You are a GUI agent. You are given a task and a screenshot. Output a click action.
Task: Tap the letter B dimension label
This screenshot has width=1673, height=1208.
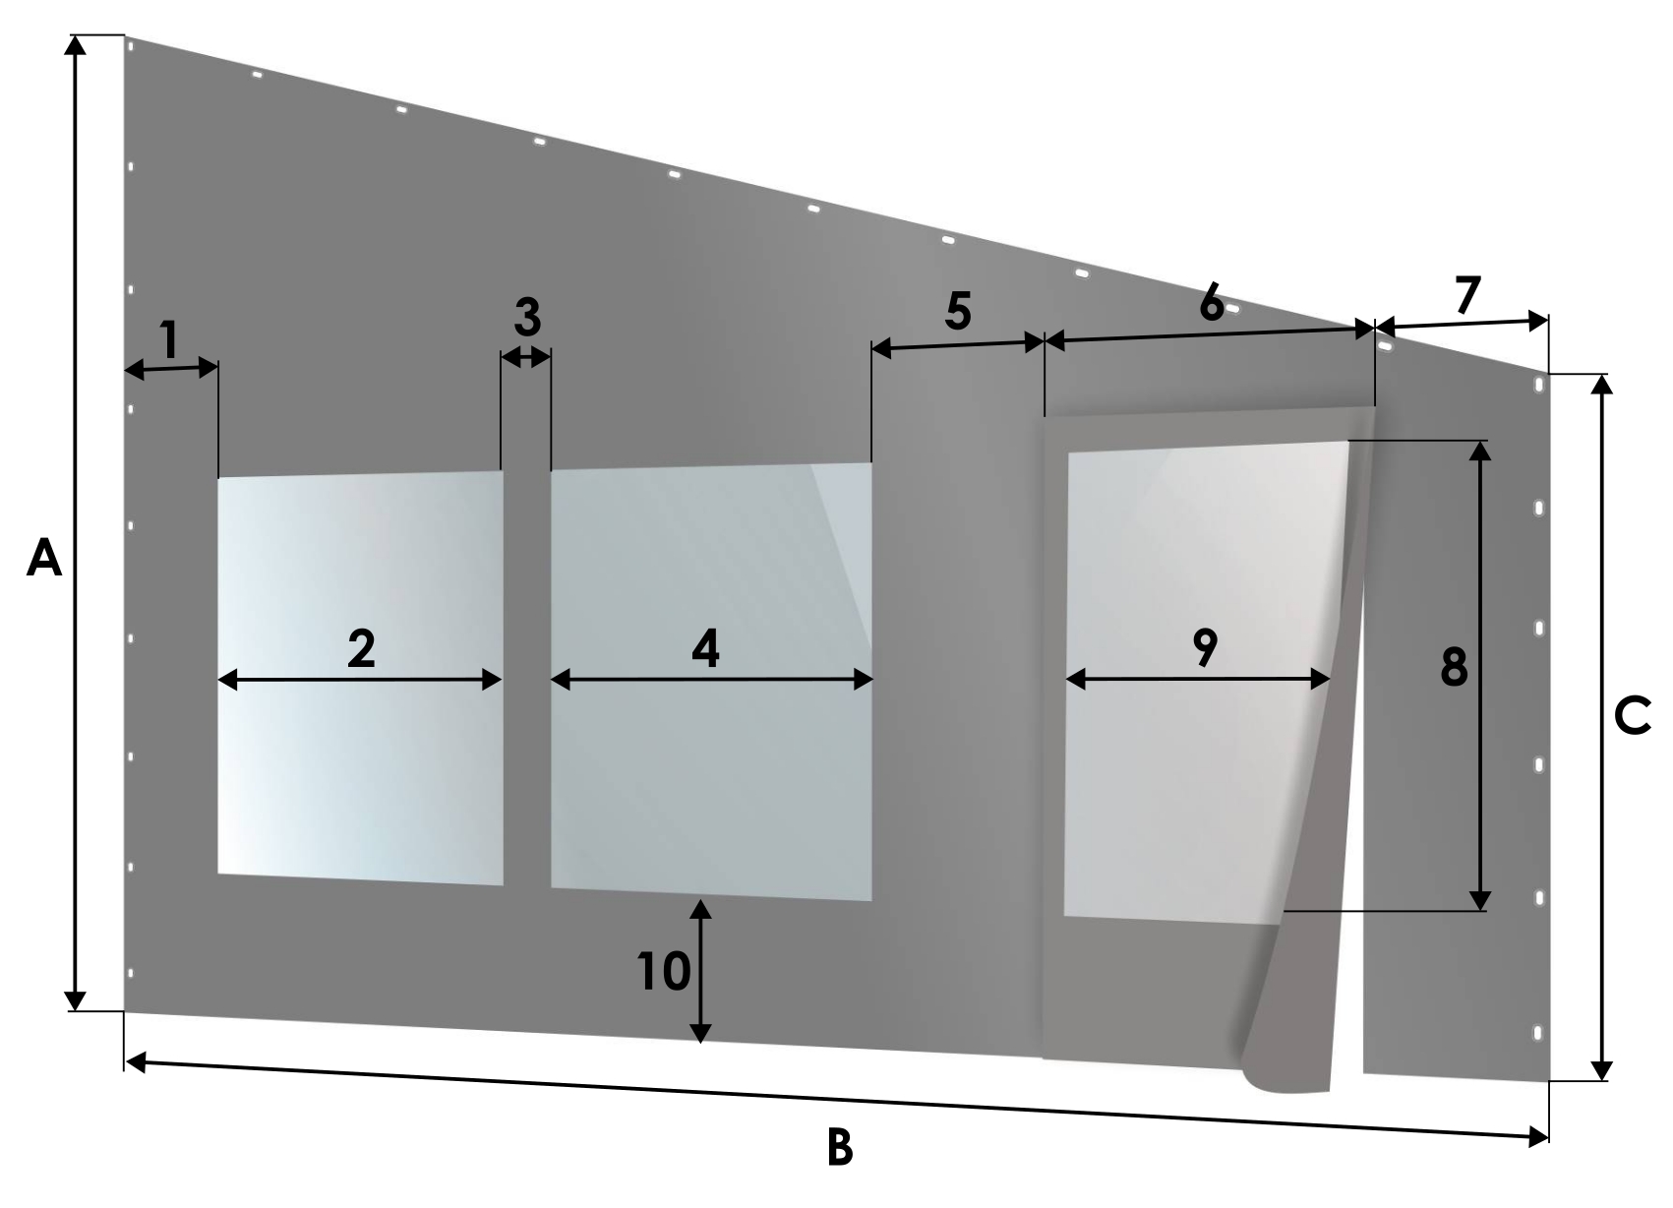(840, 1148)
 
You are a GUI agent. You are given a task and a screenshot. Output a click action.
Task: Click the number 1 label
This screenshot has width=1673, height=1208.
(170, 339)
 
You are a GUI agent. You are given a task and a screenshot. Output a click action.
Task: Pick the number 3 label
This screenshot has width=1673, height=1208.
(527, 317)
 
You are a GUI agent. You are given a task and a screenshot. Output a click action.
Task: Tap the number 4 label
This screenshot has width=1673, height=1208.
(706, 647)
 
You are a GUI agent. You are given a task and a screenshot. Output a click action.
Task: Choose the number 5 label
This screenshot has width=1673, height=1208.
(958, 311)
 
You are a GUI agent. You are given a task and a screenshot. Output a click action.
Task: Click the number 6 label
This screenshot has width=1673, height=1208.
(1212, 303)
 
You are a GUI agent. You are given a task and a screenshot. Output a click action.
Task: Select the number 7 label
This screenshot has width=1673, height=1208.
(1467, 295)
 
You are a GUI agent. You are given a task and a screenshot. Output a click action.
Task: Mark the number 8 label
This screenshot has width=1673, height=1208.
(1454, 667)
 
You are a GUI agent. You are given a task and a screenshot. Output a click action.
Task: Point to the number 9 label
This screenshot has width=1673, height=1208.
(1205, 647)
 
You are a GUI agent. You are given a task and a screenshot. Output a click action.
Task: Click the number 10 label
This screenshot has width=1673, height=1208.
(664, 971)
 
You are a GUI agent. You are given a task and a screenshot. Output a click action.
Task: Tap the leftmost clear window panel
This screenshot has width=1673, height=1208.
(360, 679)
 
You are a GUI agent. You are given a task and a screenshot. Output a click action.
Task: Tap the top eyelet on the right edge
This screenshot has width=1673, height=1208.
(1538, 386)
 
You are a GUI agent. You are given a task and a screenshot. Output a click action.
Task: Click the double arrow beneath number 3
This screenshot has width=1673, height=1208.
(526, 357)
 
